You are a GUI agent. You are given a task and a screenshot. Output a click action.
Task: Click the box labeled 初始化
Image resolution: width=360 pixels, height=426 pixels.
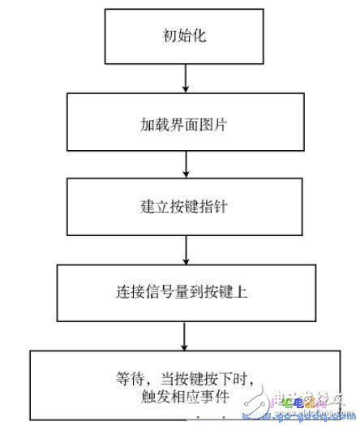[x=186, y=35]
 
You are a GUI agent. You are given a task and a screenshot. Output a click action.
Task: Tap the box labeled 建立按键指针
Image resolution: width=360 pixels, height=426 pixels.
[x=186, y=204]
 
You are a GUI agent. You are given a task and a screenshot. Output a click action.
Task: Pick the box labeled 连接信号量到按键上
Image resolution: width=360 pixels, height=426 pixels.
[x=186, y=290]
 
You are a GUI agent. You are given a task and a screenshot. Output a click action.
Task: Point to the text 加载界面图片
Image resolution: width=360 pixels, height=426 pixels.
[x=186, y=127]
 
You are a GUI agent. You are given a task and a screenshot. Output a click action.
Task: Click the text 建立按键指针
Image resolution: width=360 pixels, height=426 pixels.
[x=186, y=205]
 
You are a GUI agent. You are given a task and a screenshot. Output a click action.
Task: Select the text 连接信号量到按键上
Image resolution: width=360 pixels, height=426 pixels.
[x=186, y=291]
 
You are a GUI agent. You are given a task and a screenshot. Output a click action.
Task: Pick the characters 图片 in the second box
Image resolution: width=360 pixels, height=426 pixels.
[x=212, y=127]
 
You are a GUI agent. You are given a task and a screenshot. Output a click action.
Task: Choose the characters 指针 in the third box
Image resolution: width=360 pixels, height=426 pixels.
[x=212, y=205]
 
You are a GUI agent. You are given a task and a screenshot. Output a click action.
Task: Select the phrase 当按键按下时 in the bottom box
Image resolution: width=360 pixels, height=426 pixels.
[x=202, y=377]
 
